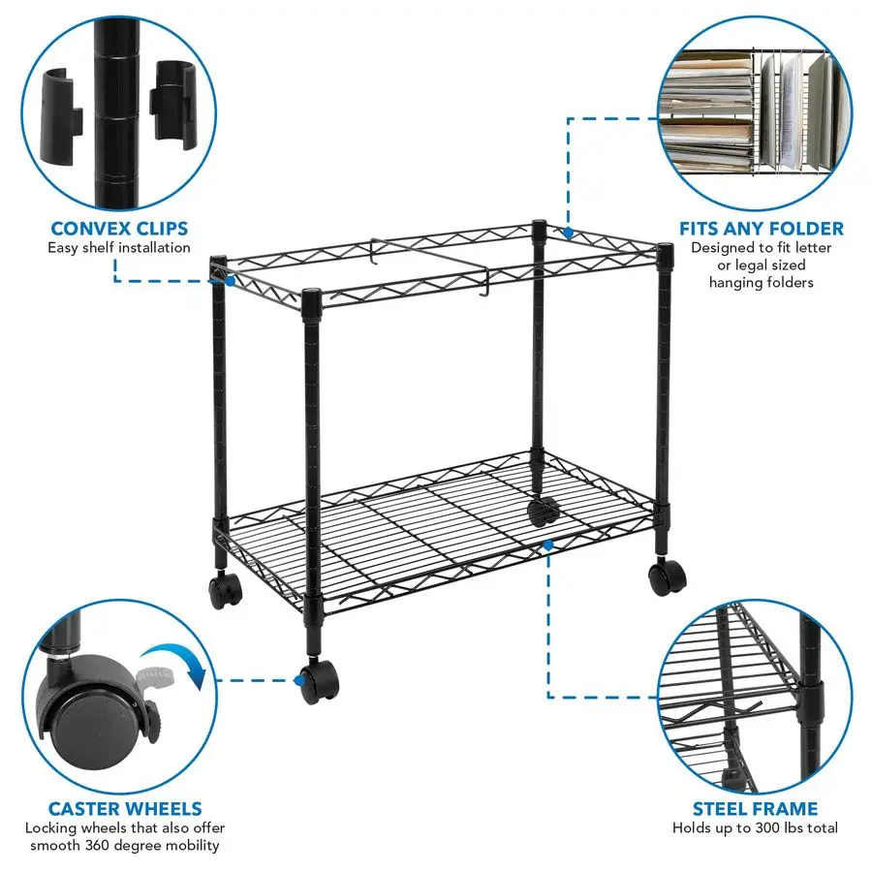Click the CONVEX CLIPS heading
(119, 230)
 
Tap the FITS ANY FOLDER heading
(761, 230)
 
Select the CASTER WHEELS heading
(126, 808)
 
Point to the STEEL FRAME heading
(755, 808)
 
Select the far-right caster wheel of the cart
(667, 578)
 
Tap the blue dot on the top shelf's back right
(568, 233)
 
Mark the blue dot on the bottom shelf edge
(548, 545)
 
